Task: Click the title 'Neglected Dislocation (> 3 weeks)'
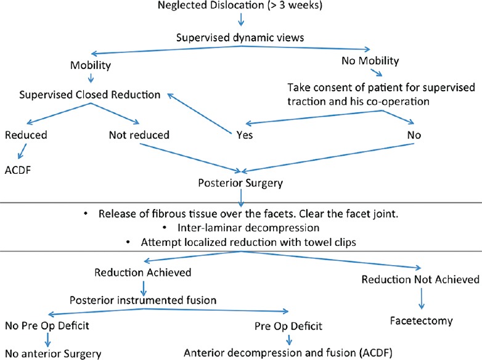[241, 8]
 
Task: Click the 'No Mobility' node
[370, 60]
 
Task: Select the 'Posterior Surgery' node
[240, 183]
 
